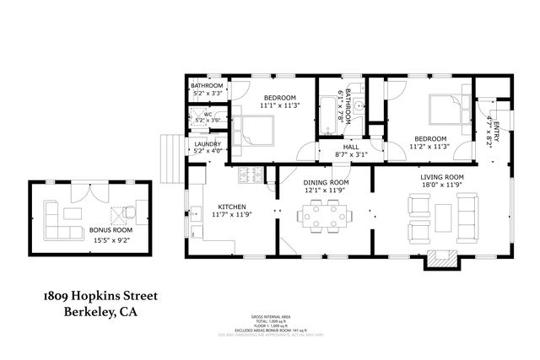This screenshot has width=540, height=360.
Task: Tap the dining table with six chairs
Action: pos(326,217)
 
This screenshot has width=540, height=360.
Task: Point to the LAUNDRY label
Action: pos(208,145)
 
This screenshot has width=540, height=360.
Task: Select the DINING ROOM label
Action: pos(326,183)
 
